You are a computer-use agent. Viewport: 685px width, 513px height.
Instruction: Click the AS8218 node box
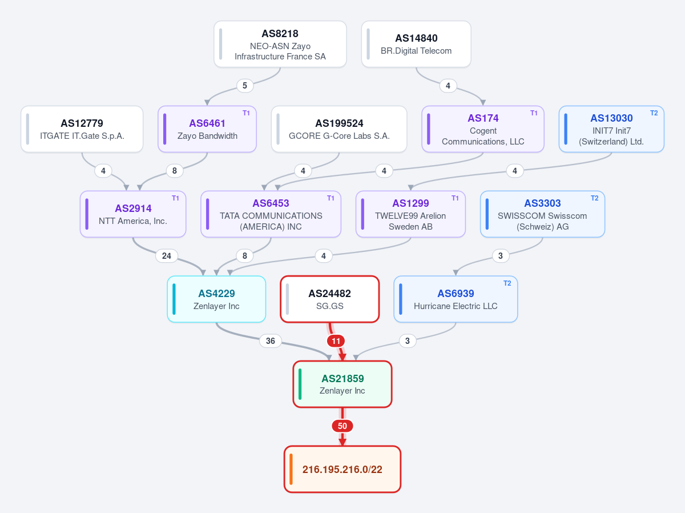click(x=280, y=44)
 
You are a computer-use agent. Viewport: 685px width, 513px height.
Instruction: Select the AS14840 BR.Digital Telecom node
click(x=416, y=44)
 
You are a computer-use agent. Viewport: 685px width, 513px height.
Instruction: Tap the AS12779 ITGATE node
click(x=82, y=129)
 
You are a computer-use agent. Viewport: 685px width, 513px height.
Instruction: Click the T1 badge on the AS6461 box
click(x=246, y=113)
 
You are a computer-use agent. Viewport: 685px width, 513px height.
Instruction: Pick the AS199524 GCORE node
click(x=339, y=129)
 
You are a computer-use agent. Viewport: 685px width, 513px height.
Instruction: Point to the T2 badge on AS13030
click(x=654, y=113)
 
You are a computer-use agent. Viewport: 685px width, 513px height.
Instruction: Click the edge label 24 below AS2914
click(x=167, y=256)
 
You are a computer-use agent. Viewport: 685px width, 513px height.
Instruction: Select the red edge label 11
click(x=336, y=341)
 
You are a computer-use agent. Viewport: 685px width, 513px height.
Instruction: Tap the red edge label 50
click(x=342, y=426)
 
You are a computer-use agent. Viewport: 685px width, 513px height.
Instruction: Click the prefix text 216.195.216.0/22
click(x=342, y=469)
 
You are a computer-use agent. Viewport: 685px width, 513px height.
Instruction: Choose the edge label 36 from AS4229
click(x=270, y=341)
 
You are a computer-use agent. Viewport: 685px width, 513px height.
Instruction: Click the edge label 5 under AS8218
click(x=245, y=86)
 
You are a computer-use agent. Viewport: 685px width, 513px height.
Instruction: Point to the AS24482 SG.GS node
click(x=329, y=299)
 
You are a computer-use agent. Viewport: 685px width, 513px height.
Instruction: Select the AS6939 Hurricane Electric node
click(x=456, y=299)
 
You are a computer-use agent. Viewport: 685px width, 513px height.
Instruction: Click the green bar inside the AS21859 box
click(x=300, y=384)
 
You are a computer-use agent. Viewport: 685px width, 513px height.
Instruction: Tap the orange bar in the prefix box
click(x=291, y=469)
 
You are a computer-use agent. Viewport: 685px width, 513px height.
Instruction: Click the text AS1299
click(x=410, y=203)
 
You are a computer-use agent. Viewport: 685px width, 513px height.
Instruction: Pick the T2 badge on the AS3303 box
click(x=594, y=198)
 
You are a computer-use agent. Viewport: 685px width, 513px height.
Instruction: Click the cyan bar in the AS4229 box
click(x=174, y=299)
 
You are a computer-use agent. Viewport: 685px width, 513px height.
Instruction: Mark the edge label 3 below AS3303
click(x=501, y=256)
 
